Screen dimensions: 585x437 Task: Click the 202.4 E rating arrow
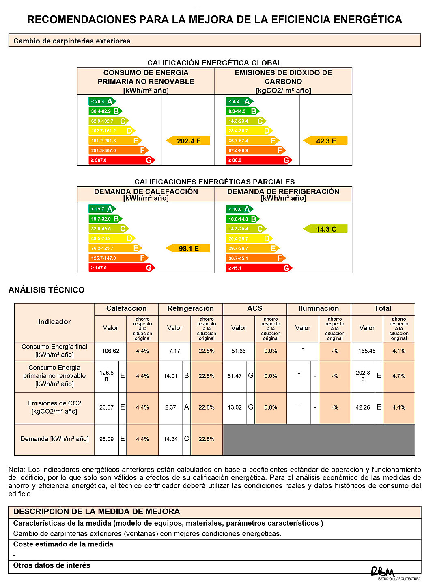pos(188,141)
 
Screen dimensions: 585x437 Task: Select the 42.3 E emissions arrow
pos(326,141)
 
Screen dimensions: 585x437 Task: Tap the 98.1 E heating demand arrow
pos(188,248)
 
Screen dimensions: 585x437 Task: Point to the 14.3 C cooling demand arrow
pos(326,229)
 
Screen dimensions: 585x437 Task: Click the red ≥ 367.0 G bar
pos(121,160)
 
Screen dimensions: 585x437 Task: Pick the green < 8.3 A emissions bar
pos(239,102)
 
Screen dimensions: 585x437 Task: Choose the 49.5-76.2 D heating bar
pos(112,238)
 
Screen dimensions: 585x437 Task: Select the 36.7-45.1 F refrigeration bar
pos(255,258)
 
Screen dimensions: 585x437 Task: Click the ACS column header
pos(255,309)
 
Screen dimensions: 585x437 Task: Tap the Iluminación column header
pos(319,309)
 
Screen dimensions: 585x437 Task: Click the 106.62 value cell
pos(110,351)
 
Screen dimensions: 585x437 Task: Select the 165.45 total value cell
pos(367,351)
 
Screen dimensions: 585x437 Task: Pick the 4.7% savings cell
pos(399,376)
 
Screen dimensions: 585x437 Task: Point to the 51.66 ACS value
pos(239,351)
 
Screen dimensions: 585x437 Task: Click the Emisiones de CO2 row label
pos(54,407)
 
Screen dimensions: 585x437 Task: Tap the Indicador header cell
pos(54,322)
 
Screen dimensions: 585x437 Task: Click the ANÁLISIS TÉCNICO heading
pos(47,290)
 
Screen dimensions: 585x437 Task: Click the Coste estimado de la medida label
pos(63,544)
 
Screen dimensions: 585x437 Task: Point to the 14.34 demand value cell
pos(170,439)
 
